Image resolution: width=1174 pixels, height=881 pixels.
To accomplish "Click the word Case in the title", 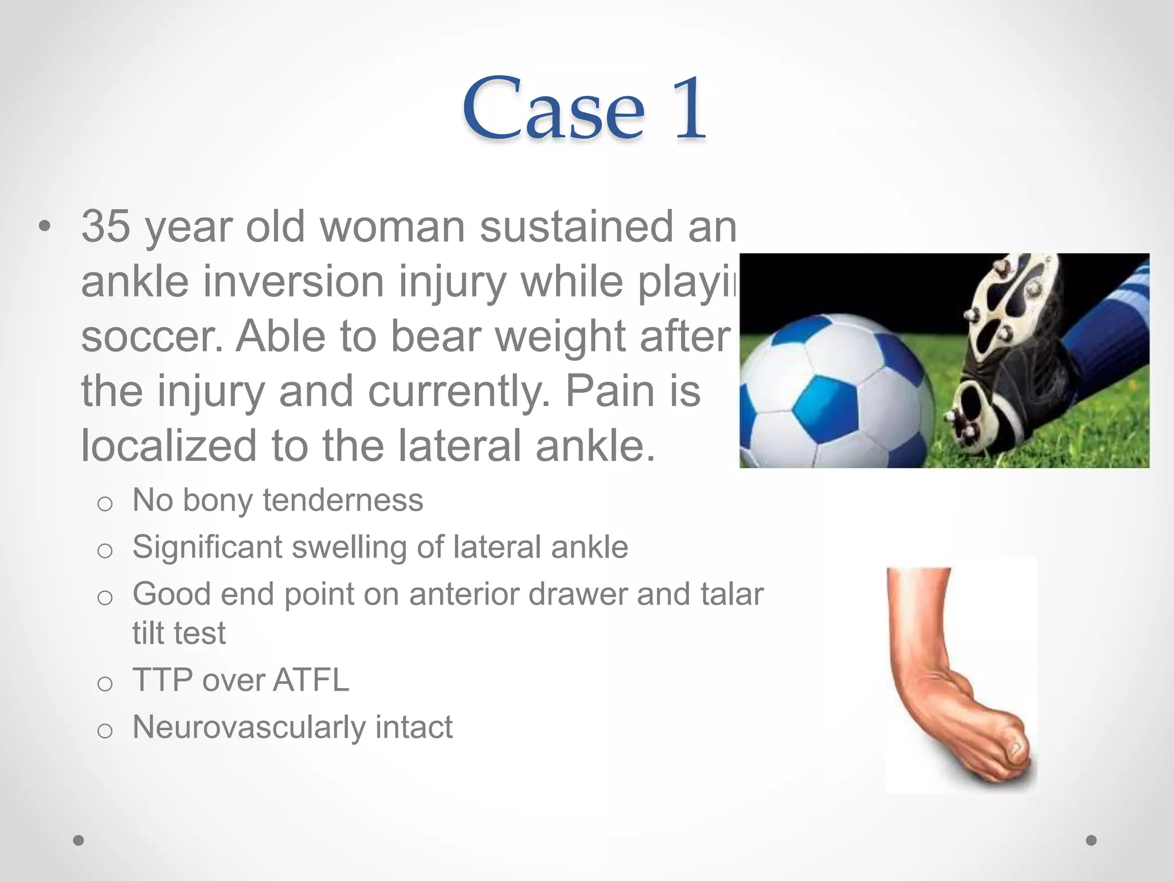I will (554, 109).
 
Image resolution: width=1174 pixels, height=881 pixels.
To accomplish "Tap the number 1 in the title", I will (688, 109).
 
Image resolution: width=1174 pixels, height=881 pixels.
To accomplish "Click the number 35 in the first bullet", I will (105, 226).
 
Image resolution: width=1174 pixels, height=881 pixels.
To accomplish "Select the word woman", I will (393, 226).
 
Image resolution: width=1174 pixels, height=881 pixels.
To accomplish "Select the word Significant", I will (207, 547).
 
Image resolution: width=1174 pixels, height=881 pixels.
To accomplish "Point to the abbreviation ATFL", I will (311, 680).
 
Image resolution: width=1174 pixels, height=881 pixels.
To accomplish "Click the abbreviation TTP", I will (162, 680).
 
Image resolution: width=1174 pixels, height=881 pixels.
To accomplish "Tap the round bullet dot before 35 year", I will (44, 227).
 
